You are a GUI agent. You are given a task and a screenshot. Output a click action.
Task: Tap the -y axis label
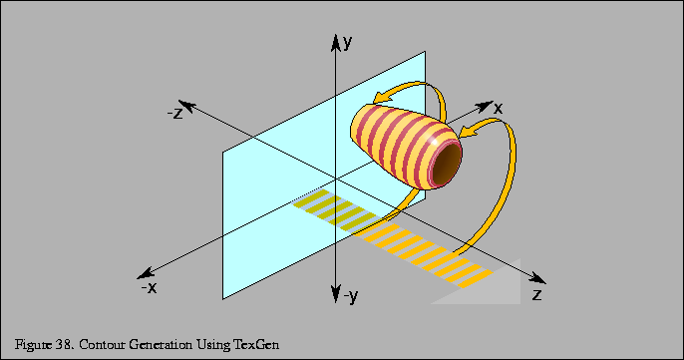(349, 295)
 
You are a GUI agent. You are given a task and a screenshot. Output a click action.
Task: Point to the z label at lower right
(537, 295)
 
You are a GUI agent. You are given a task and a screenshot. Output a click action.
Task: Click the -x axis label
(148, 287)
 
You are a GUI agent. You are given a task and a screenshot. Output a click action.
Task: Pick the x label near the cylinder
(498, 107)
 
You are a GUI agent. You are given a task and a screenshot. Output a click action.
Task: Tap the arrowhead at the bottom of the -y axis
(333, 294)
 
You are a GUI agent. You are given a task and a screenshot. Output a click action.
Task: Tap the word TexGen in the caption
(257, 344)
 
